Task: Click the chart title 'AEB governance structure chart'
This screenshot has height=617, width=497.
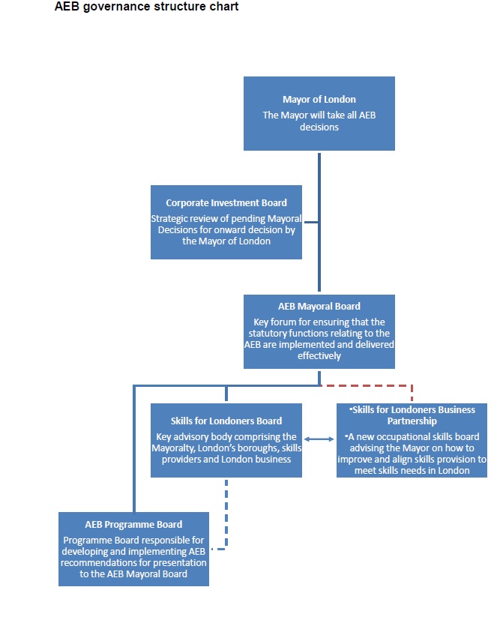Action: pyautogui.click(x=146, y=7)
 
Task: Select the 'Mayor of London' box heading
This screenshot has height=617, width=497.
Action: pyautogui.click(x=319, y=100)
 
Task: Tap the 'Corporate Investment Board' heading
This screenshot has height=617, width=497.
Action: pyautogui.click(x=226, y=203)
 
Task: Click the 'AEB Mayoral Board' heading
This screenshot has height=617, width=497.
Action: pyautogui.click(x=319, y=307)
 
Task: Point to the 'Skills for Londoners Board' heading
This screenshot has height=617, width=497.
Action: pyautogui.click(x=226, y=421)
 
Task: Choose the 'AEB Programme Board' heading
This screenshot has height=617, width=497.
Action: pyautogui.click(x=133, y=525)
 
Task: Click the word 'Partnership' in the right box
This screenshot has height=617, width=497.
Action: pyautogui.click(x=412, y=421)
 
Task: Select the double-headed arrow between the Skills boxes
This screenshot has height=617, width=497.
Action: pyautogui.click(x=319, y=439)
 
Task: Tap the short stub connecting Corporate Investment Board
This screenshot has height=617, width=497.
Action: pyautogui.click(x=311, y=223)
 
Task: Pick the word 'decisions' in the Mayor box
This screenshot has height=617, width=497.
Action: pyautogui.click(x=319, y=127)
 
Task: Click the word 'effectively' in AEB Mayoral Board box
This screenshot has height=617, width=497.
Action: pyautogui.click(x=319, y=356)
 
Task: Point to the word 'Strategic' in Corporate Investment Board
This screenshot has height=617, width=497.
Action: pyautogui.click(x=169, y=219)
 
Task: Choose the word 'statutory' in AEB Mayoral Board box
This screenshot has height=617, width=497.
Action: pyautogui.click(x=268, y=334)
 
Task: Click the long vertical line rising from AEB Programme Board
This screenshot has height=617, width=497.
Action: pyautogui.click(x=134, y=448)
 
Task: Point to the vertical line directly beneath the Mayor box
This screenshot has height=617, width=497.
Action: pyautogui.click(x=319, y=223)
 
